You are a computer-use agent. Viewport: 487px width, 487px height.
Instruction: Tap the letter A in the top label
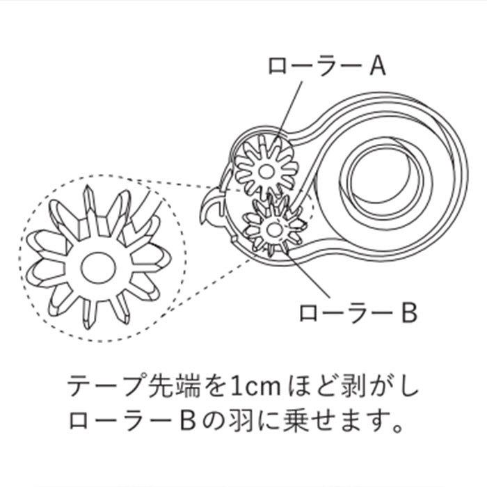coord(376,66)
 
